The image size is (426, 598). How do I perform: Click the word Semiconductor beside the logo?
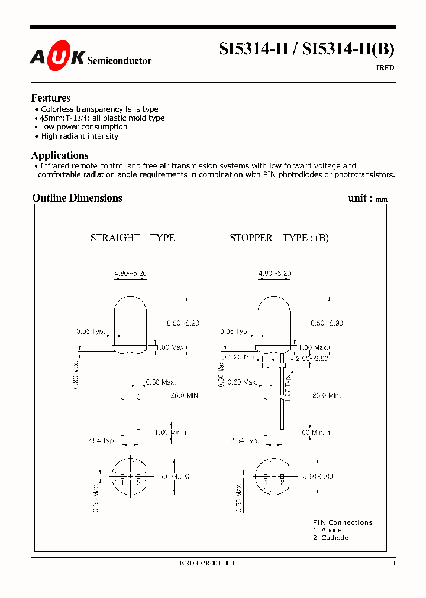point(119,60)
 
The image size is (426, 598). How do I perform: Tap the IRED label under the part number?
point(385,68)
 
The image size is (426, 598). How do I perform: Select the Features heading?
point(50,98)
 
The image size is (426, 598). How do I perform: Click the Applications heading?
point(59,155)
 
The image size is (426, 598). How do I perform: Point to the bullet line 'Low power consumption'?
point(83,127)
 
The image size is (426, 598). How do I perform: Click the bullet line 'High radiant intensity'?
point(79,136)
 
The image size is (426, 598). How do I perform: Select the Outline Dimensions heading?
point(77,198)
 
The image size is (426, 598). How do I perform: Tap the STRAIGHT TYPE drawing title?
point(132,238)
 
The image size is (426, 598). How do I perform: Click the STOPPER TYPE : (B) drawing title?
point(279,238)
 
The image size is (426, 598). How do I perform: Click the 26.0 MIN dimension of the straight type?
point(183,395)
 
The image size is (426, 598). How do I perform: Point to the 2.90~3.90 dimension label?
point(312,359)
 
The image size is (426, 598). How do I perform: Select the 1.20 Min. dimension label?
point(241,357)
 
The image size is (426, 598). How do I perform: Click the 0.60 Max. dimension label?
point(243,382)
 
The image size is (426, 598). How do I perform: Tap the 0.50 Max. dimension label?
point(162,383)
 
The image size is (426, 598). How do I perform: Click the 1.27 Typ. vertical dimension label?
point(288,389)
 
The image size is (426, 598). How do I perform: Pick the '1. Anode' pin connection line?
point(327,530)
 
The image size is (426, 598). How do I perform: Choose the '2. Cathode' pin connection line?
point(330,538)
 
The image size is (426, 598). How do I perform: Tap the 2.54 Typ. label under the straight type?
point(100,441)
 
